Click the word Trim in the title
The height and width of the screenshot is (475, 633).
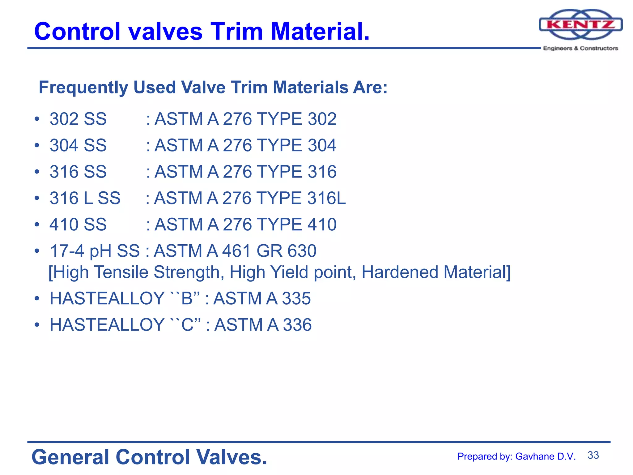[236, 32]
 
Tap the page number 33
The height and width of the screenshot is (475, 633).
[593, 455]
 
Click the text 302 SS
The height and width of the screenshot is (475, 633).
[78, 119]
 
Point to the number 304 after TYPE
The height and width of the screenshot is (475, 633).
[322, 145]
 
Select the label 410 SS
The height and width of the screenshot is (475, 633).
[78, 225]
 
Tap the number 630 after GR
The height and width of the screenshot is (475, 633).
[302, 251]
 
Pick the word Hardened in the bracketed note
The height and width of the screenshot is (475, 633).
[400, 272]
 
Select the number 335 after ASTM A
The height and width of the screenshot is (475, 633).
[296, 299]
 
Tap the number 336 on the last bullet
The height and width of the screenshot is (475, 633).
[297, 325]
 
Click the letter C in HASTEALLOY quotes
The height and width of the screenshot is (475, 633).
[187, 325]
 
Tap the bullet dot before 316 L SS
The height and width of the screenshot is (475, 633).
[37, 198]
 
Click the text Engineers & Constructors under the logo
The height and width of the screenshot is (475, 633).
[580, 48]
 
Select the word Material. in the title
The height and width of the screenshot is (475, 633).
[320, 32]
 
